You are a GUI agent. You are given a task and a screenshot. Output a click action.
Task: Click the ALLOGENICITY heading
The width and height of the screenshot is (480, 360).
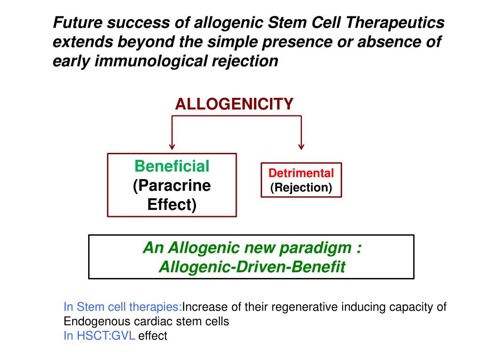[x=234, y=104]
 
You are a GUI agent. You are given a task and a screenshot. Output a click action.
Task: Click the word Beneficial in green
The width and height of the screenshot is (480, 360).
[x=172, y=166]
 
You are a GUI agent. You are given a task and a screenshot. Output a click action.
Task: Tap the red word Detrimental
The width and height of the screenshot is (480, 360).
[x=301, y=173]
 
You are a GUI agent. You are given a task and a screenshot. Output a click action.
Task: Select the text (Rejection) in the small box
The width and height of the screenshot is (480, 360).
[x=301, y=187]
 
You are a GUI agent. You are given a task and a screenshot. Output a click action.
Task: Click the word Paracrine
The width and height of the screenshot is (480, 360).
[x=172, y=186]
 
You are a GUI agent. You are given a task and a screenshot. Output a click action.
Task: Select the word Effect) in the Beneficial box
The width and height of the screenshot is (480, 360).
[x=172, y=205]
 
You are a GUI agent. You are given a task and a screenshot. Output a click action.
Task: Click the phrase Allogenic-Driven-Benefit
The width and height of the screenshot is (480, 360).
[x=252, y=267]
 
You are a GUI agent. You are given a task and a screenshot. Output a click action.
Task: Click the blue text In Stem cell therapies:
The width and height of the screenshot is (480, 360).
[x=123, y=307]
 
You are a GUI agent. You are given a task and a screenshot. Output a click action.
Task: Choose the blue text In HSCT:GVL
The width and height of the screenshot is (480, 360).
[x=99, y=336]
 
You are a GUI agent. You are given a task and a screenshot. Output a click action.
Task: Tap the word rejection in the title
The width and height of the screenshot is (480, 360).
[x=249, y=61]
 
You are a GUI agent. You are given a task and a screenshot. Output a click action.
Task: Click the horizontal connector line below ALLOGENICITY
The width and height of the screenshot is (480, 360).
[x=237, y=116]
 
